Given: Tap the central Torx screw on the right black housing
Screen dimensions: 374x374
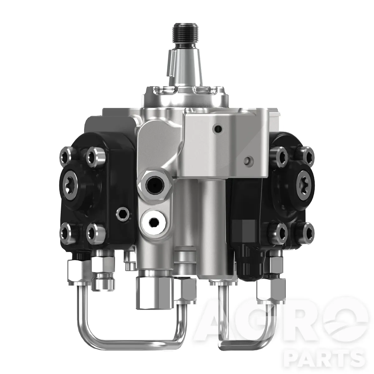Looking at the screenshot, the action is pyautogui.click(x=305, y=182).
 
